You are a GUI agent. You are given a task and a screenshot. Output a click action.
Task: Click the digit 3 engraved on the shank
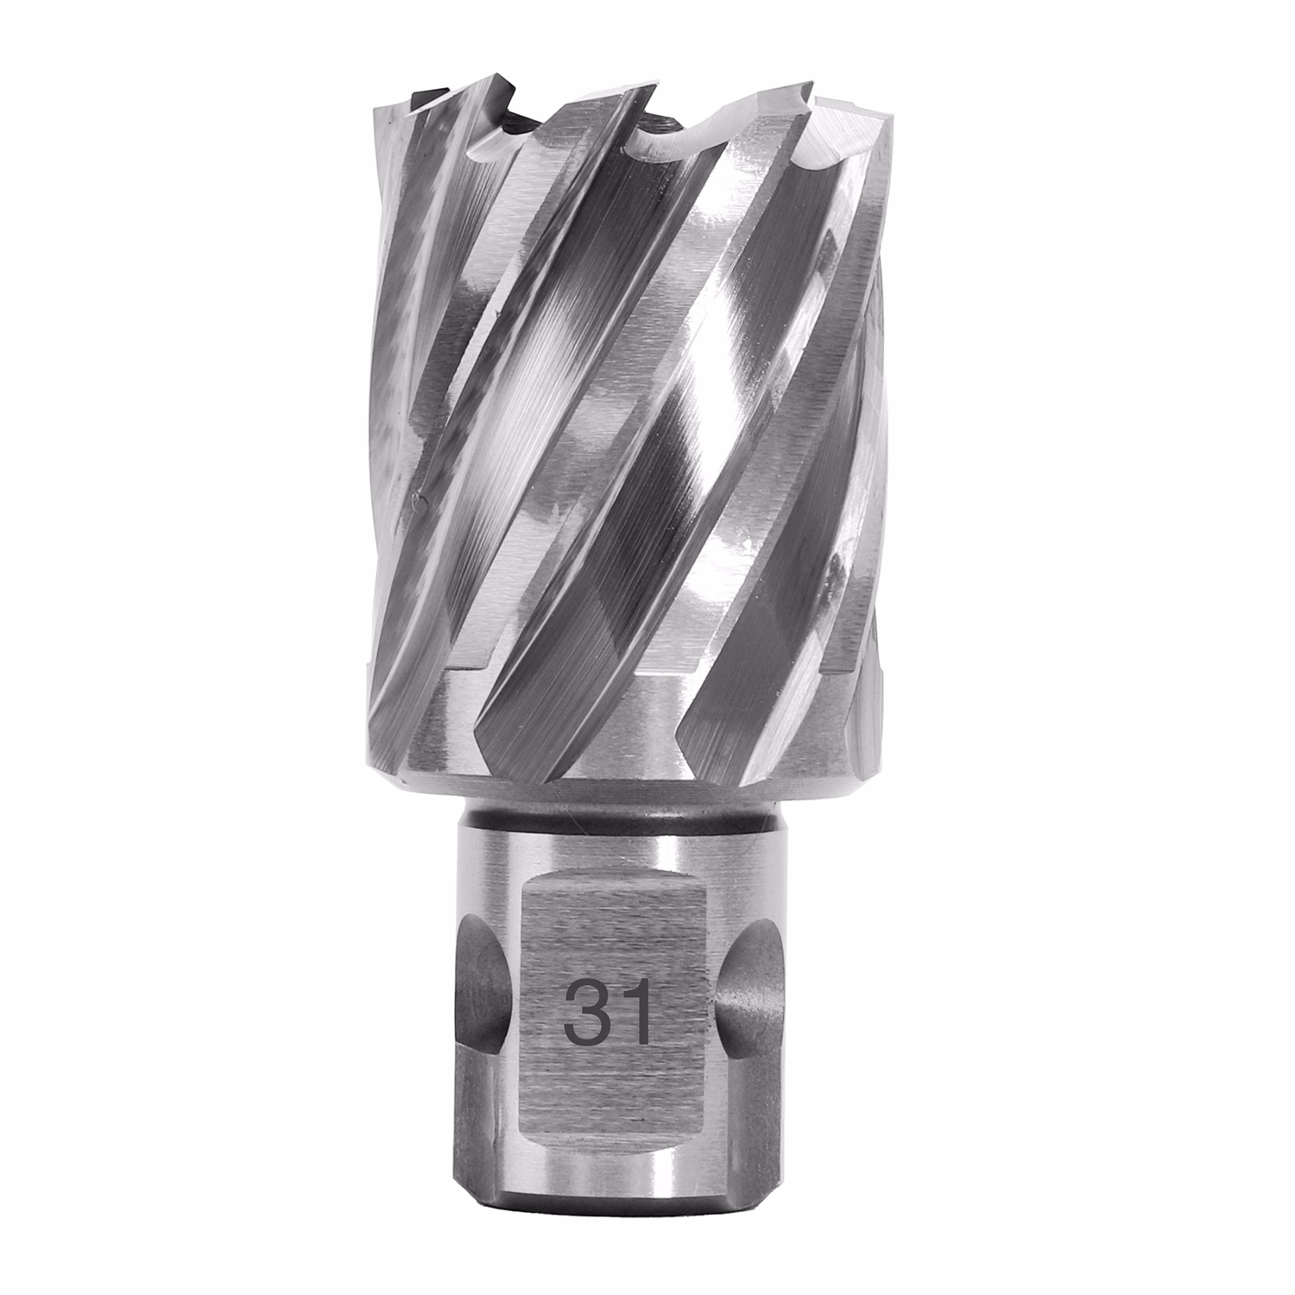[584, 1016]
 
